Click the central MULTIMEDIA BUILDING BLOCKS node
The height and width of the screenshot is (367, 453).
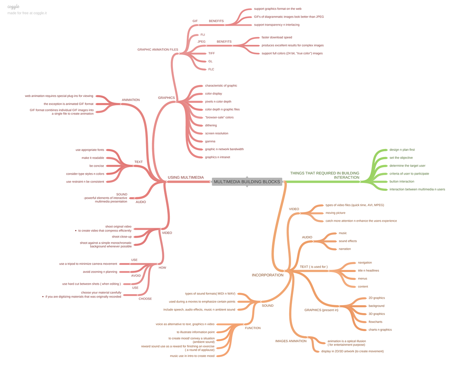[247, 182]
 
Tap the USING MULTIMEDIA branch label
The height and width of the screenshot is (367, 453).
[186, 177]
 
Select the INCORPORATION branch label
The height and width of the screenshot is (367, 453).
[268, 275]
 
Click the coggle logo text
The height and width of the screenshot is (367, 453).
[13, 7]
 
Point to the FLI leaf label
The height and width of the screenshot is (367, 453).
[203, 35]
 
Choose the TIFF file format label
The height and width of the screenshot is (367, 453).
[211, 53]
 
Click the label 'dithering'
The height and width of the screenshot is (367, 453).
[211, 125]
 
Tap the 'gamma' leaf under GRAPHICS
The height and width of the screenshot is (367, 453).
[210, 141]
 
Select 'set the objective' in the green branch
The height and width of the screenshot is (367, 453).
[401, 158]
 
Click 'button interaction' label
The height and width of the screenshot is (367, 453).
[402, 181]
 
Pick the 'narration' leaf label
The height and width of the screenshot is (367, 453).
[345, 249]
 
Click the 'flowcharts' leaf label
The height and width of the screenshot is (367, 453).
[375, 322]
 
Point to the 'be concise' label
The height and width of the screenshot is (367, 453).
[97, 166]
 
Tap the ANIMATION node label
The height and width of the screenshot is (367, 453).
[131, 100]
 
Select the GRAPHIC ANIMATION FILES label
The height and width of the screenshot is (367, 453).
[157, 49]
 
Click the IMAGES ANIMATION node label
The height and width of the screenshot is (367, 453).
[291, 341]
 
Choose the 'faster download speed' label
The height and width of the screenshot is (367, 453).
[277, 37]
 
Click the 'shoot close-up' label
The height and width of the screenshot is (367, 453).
[122, 237]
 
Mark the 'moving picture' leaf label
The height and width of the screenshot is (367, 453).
[335, 213]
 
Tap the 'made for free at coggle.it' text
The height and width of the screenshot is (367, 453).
[27, 13]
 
